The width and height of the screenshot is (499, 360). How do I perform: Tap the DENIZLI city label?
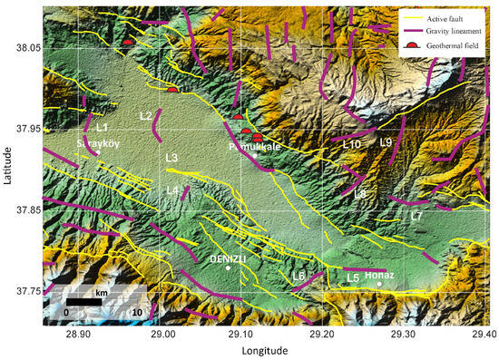(228, 259)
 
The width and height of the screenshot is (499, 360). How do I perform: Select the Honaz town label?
(379, 276)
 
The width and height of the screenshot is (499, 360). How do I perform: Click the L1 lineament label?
(102, 128)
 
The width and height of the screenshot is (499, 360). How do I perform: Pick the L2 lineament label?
(146, 116)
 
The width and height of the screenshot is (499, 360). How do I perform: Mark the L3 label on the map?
(171, 159)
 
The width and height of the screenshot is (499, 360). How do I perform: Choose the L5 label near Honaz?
(353, 277)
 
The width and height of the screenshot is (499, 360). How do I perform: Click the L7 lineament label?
(416, 217)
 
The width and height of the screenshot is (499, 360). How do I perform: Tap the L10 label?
(352, 144)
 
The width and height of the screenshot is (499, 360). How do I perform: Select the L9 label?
(386, 142)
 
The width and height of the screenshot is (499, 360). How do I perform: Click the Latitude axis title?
(7, 168)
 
